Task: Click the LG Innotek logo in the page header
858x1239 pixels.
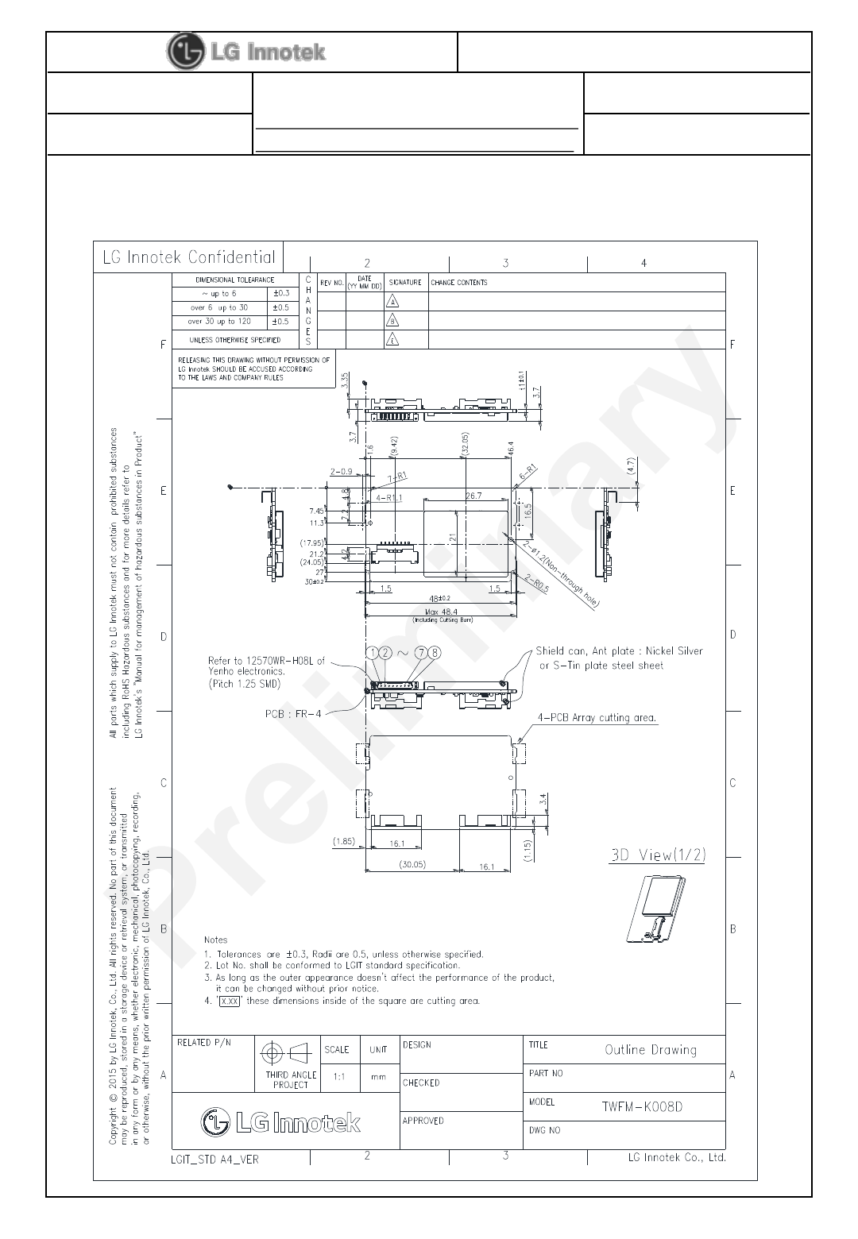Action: tap(246, 52)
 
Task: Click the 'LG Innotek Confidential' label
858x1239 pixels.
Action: tap(189, 257)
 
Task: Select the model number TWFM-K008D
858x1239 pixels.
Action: tap(642, 1106)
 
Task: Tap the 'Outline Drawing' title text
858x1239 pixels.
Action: tap(651, 1050)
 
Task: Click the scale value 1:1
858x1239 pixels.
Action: tap(339, 1078)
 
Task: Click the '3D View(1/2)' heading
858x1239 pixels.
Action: tap(657, 855)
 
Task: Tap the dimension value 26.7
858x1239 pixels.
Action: tap(473, 496)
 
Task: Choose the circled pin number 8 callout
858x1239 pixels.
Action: tap(435, 652)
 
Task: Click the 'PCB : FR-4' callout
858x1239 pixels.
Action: tap(293, 714)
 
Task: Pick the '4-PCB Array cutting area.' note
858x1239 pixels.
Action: tap(597, 718)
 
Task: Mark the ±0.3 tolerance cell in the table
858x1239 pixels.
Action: tap(280, 294)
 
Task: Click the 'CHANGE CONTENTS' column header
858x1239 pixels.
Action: tap(459, 283)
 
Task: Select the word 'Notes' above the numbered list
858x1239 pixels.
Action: tap(215, 940)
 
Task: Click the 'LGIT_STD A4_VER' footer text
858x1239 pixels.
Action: tap(214, 1159)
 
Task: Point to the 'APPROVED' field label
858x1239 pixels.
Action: tap(423, 1121)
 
